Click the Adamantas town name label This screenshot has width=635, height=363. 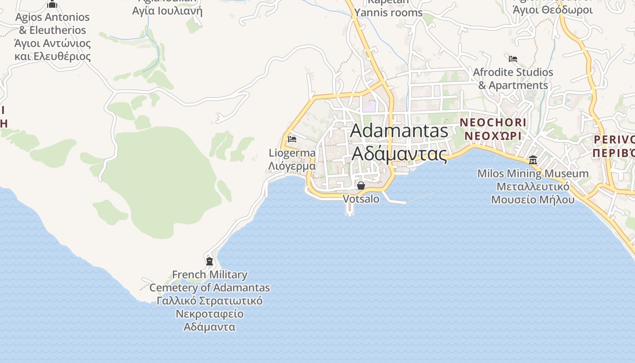(399, 131)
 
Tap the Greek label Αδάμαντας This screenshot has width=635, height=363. (399, 153)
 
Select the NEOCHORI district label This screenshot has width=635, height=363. (493, 122)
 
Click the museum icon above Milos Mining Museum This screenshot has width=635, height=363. (533, 160)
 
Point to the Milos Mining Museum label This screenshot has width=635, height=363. (533, 173)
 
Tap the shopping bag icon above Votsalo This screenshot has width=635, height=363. (361, 186)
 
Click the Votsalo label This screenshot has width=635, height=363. (361, 199)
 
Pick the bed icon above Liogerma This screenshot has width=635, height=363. (292, 139)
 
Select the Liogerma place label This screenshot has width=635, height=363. (292, 153)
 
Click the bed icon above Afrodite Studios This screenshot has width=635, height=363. (513, 59)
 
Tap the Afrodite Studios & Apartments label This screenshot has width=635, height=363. (513, 78)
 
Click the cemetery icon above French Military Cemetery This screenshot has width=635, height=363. (210, 261)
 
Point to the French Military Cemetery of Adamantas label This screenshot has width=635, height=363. (210, 281)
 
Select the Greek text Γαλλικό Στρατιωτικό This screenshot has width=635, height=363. (210, 301)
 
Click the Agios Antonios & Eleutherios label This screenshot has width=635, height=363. (52, 24)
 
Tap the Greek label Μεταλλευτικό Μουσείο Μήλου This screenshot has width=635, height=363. (533, 193)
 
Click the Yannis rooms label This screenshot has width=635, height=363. (388, 13)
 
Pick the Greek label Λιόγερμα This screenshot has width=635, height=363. (292, 166)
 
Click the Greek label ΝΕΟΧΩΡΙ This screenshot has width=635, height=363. (493, 136)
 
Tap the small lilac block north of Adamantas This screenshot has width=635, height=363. (369, 107)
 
